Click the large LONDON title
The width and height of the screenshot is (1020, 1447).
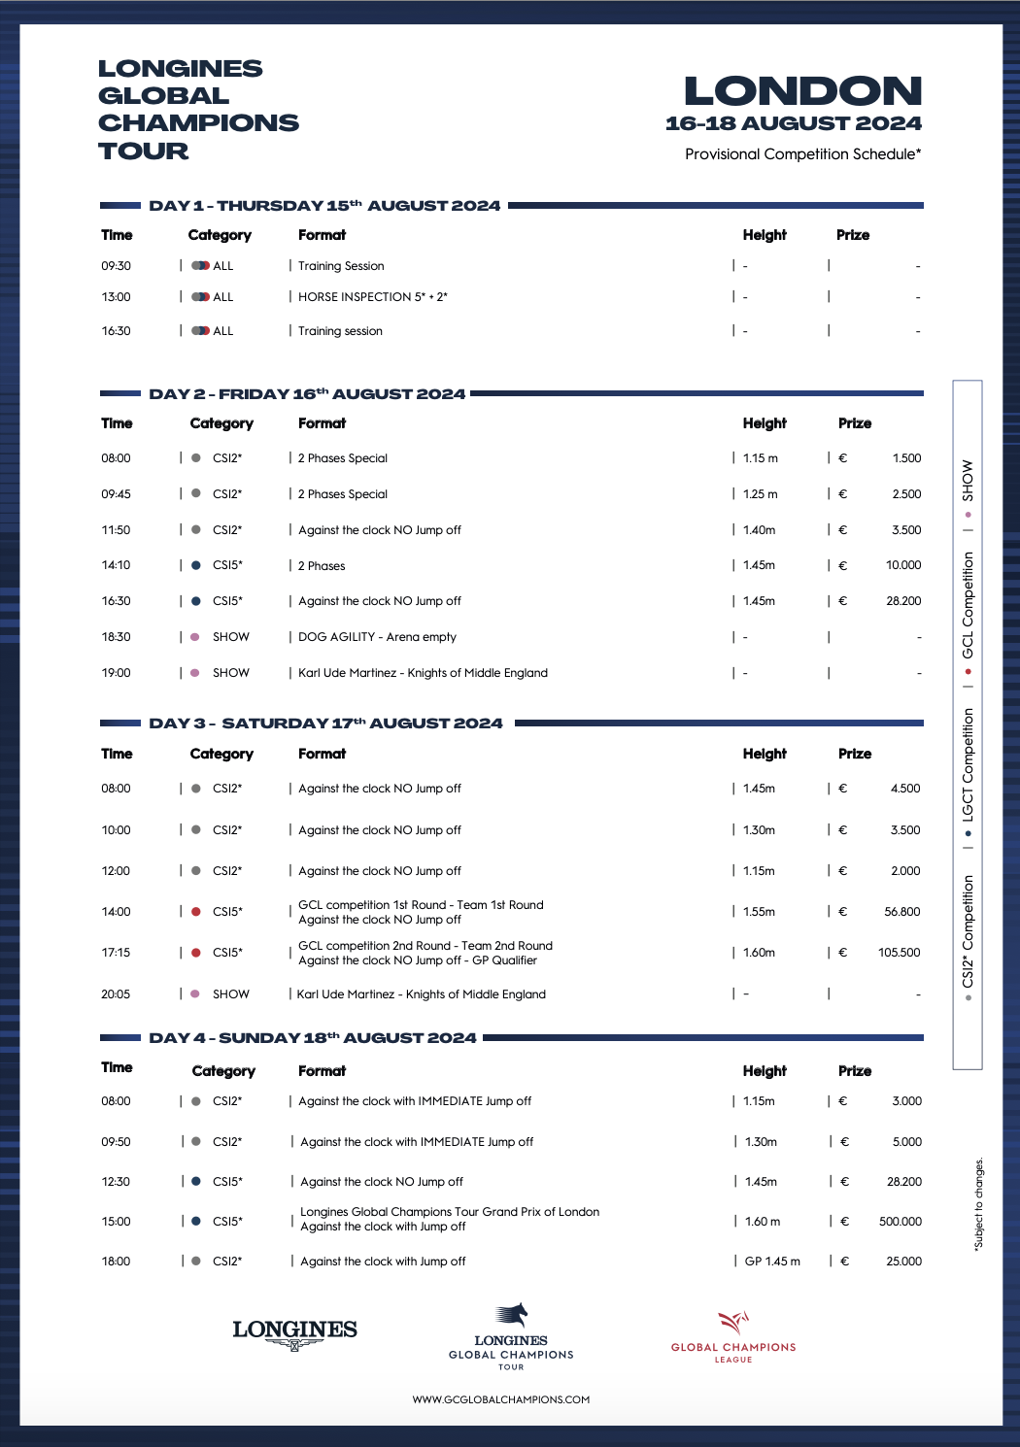pos(802,91)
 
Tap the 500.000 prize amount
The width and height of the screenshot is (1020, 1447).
pos(901,1222)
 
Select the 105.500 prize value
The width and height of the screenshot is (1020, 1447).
pos(899,953)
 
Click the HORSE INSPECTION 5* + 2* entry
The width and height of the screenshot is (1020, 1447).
pos(372,297)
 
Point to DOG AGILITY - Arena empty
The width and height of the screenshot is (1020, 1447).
pos(377,637)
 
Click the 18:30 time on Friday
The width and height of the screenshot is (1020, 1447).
pos(116,637)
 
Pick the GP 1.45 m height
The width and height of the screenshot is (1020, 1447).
pos(772,1262)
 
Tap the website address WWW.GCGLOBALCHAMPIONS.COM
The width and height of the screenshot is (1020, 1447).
pos(500,1399)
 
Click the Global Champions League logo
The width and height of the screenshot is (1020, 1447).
pos(733,1336)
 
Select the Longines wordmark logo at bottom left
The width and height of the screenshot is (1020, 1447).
pos(294,1332)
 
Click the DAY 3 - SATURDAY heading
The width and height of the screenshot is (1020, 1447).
pos(325,723)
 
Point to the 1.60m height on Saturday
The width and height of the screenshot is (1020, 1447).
pos(759,953)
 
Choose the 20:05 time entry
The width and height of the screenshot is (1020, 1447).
pos(116,994)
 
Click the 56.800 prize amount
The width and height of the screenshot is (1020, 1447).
pos(902,912)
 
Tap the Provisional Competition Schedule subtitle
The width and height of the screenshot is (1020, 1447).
pos(802,154)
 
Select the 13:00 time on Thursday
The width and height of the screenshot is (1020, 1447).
pos(116,297)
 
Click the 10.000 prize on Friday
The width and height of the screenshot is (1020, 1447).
pos(903,565)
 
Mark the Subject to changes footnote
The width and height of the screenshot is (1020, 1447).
pos(979,1202)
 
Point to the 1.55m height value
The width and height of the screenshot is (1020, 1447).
pos(759,912)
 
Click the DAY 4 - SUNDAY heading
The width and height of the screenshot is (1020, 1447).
pos(312,1038)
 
